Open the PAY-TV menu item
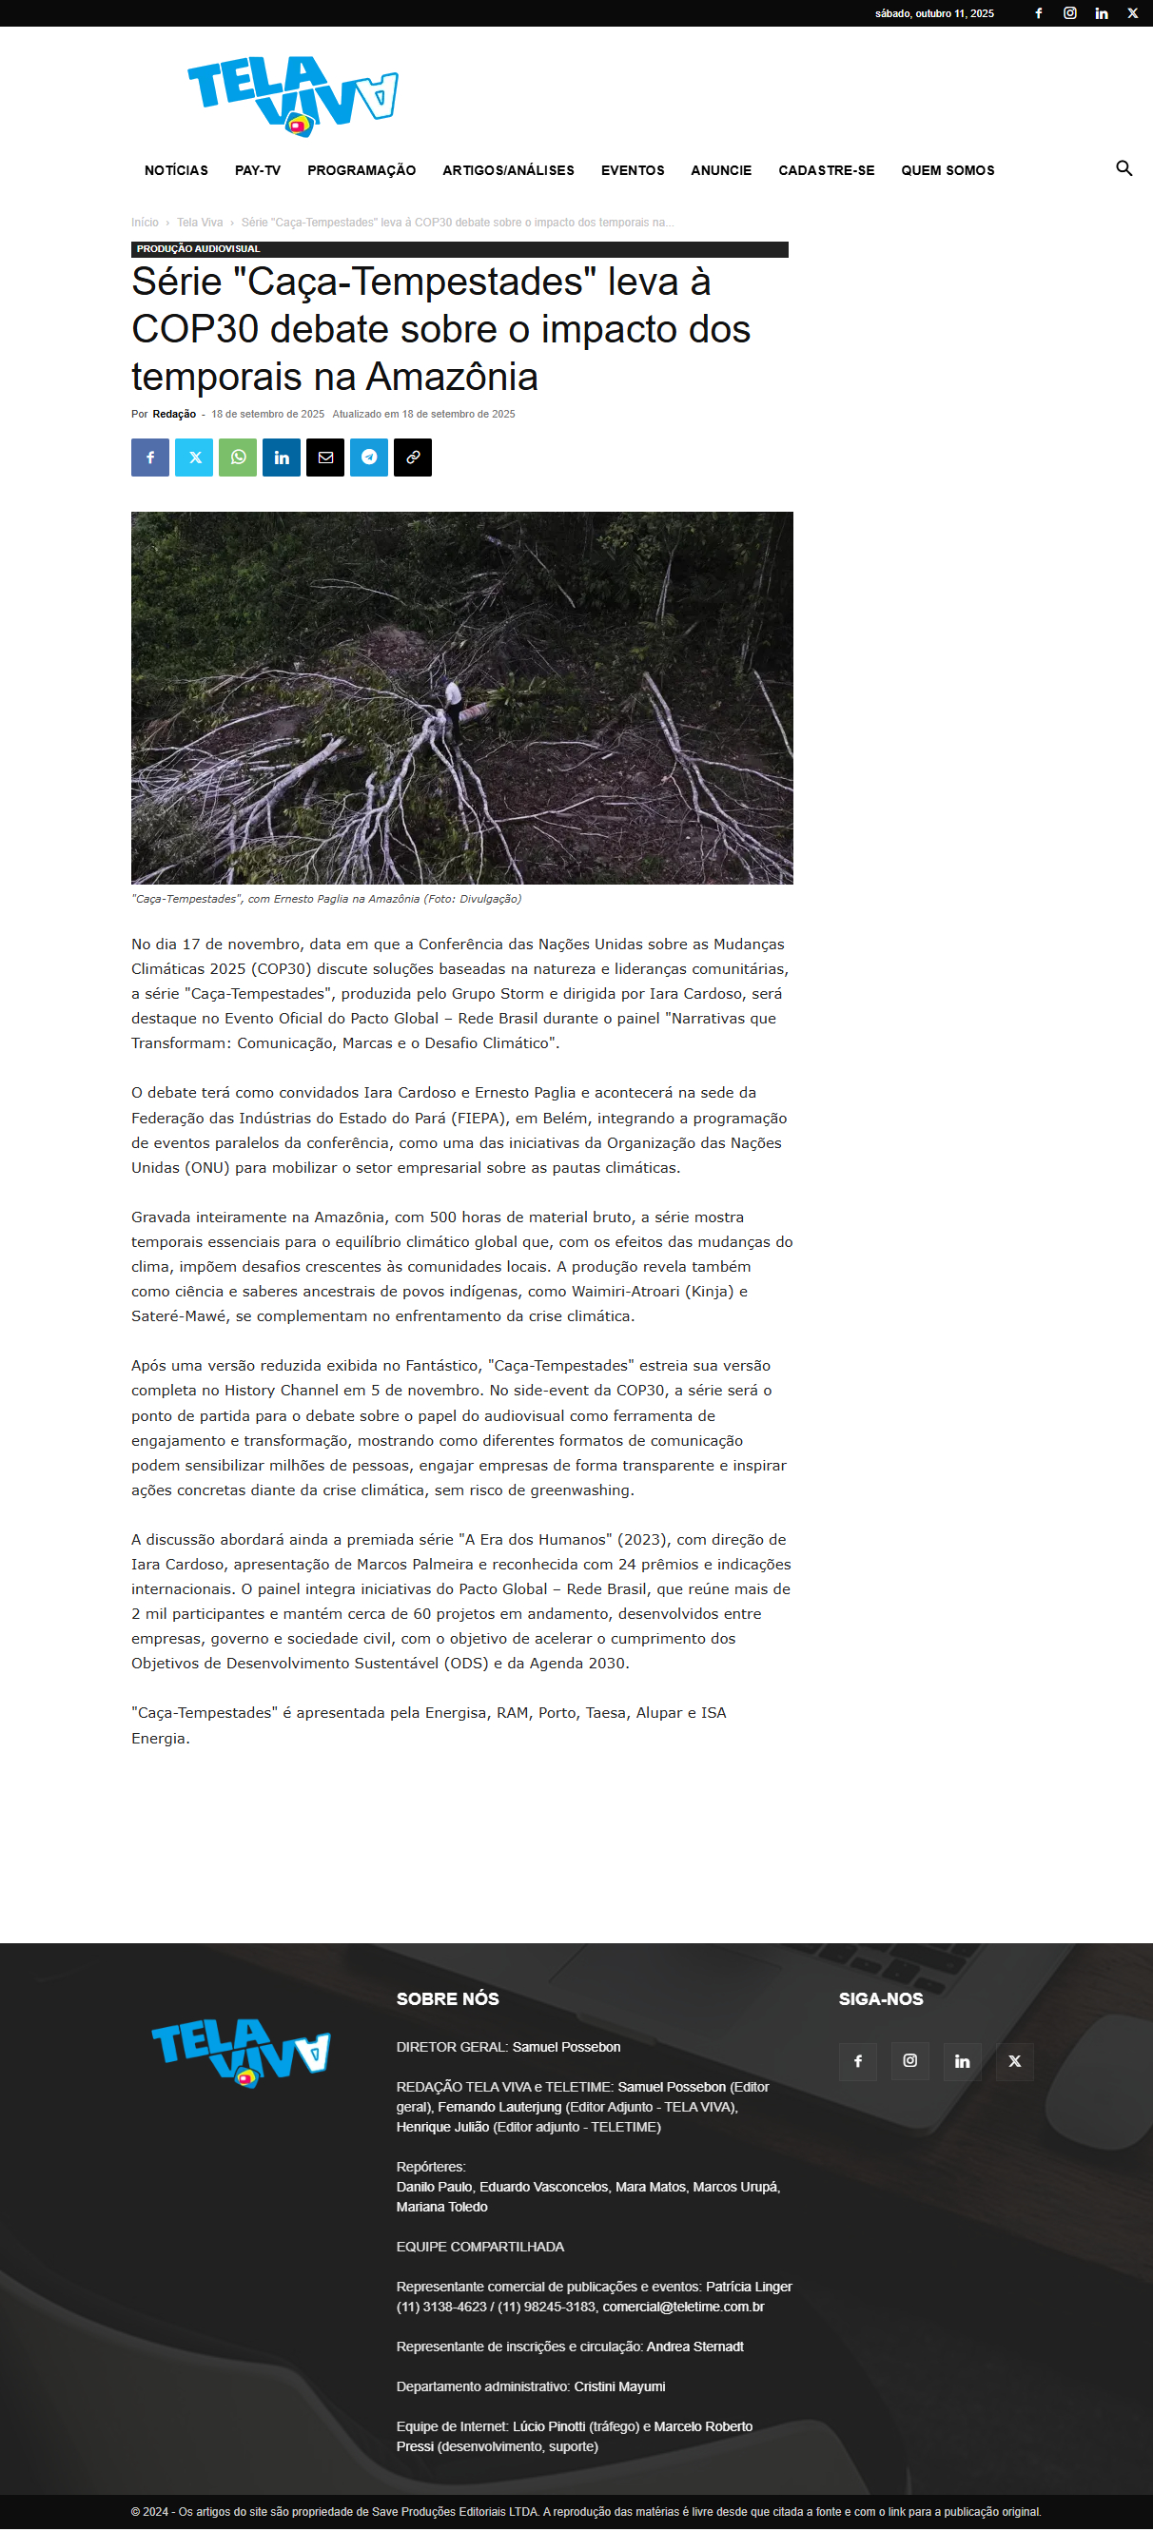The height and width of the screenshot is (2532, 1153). coord(258,170)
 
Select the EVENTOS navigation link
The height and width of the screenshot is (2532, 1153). coord(632,170)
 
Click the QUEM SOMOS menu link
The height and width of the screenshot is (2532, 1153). coord(947,170)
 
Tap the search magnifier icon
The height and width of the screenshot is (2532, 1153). coord(1124,168)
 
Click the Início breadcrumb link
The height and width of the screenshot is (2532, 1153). coord(145,223)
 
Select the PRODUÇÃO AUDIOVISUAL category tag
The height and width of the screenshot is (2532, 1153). coord(199,248)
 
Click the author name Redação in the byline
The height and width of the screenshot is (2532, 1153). coord(174,414)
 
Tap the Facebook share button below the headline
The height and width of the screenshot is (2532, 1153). coord(150,458)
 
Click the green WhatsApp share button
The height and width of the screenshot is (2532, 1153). coord(238,458)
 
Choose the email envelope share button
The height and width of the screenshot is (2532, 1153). coord(325,458)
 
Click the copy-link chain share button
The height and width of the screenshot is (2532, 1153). coord(413,458)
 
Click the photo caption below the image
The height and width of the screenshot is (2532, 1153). coord(326,899)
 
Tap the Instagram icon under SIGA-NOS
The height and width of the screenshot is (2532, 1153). coord(910,2060)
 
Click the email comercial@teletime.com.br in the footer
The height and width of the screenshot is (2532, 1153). coord(683,2306)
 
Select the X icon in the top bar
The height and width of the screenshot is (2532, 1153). coord(1132,12)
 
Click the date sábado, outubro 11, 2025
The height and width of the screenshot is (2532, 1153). coord(934,13)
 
